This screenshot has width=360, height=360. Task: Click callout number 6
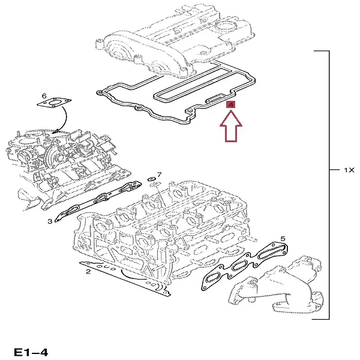coord(44,96)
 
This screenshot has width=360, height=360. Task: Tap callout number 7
coord(159,175)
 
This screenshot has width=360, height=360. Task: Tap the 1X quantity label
coord(350,170)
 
